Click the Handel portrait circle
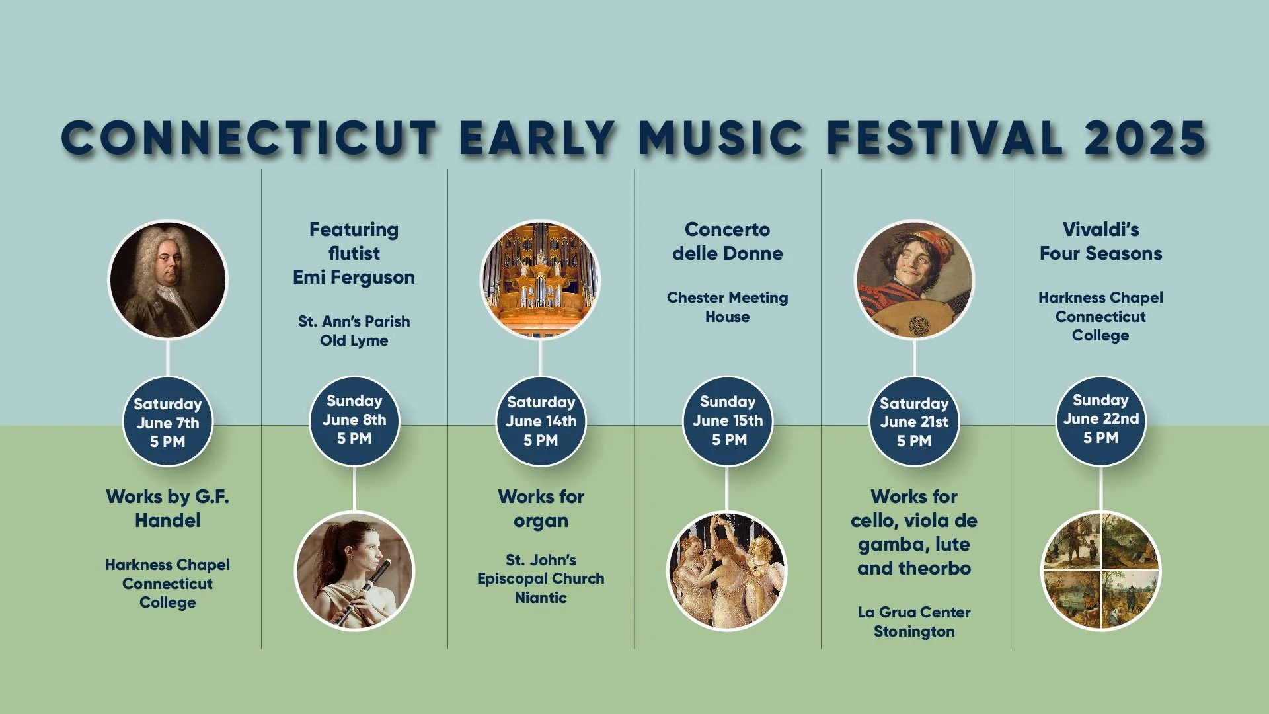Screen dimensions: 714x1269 [x=168, y=280]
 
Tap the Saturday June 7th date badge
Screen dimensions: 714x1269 [x=168, y=422]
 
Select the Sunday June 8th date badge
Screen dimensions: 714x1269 [x=354, y=420]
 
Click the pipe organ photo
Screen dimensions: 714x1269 [x=541, y=280]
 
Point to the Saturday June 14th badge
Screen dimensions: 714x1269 [x=541, y=422]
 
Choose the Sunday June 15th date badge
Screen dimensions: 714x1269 [x=728, y=421]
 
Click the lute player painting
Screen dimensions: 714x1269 [x=914, y=280]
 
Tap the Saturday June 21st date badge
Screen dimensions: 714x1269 [x=914, y=422]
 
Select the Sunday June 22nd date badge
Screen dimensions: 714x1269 [x=1100, y=420]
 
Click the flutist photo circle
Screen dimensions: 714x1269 [x=354, y=571]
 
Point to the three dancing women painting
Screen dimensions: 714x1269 [x=727, y=571]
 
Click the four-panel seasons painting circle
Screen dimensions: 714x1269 [x=1100, y=571]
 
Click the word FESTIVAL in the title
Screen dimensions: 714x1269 [x=944, y=138]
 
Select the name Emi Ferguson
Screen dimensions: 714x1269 [x=354, y=277]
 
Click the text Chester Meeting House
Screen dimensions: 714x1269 [x=727, y=307]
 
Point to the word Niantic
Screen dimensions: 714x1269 [x=541, y=598]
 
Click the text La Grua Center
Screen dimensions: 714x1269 [x=914, y=612]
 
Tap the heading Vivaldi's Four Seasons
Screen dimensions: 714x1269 [x=1100, y=241]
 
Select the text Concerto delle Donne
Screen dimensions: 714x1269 [x=727, y=241]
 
